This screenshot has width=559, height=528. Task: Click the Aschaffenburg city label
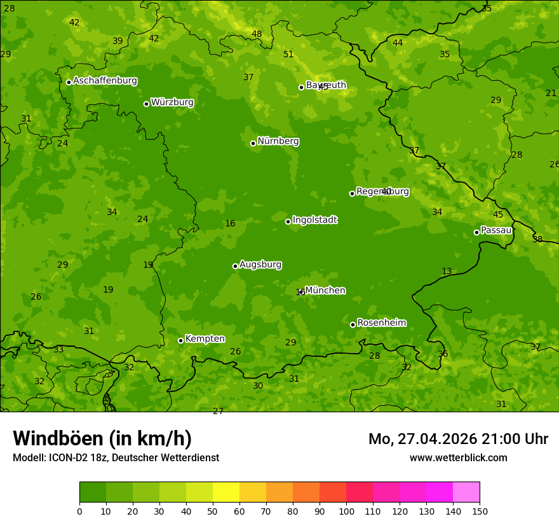click(105, 81)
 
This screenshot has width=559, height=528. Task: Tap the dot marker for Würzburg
click(146, 104)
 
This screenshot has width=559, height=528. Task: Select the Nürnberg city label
click(278, 141)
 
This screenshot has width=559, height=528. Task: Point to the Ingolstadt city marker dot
click(288, 221)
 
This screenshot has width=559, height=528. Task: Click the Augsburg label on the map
click(260, 265)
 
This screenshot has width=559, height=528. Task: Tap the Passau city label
click(496, 230)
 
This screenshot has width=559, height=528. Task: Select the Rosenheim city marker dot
click(353, 324)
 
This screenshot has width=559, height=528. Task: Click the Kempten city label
click(205, 339)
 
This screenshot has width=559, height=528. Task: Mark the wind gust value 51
click(288, 54)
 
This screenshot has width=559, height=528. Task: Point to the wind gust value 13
click(447, 271)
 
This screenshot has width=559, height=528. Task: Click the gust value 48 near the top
click(257, 34)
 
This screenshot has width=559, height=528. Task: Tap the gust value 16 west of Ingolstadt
click(230, 223)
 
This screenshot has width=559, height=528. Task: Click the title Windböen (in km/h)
click(102, 438)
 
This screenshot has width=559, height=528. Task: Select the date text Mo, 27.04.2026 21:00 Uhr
click(458, 439)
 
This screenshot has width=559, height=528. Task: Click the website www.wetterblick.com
click(458, 457)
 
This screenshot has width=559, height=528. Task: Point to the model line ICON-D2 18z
click(116, 457)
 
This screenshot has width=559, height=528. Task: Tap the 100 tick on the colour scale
click(346, 511)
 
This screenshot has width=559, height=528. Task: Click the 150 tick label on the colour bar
click(480, 511)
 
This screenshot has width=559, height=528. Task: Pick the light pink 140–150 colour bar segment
click(466, 492)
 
